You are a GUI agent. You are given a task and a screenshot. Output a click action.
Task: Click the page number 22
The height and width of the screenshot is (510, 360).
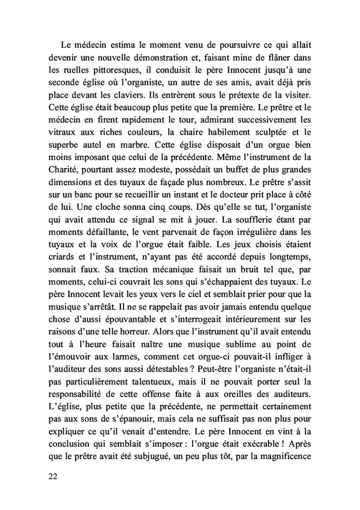click(x=51, y=476)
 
